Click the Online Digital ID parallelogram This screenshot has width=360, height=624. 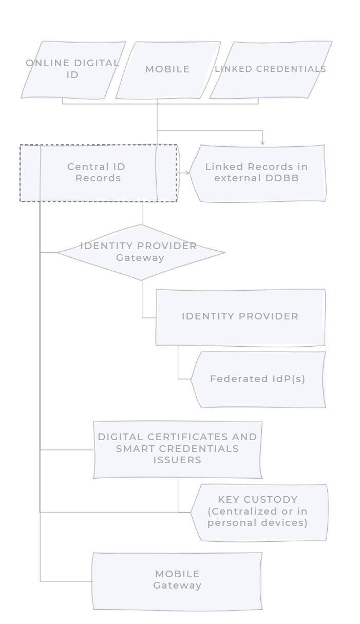coord(73,69)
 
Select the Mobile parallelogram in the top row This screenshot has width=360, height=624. coord(167,69)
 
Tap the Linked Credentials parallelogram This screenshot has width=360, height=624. coord(270,69)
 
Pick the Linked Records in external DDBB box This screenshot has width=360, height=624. coord(257,173)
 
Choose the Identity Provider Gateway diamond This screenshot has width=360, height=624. coord(140,252)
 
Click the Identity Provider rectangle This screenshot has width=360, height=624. coord(240,316)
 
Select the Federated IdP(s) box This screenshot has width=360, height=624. coord(258,379)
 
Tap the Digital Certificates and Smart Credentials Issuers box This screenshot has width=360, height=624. coord(177,449)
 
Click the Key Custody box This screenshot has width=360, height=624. coord(258,512)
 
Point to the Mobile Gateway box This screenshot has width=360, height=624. coord(177,580)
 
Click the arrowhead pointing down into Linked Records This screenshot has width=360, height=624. coord(262,142)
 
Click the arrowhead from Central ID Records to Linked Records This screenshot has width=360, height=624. coord(187,173)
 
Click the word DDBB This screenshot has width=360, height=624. coord(283,178)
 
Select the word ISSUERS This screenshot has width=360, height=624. coord(177,460)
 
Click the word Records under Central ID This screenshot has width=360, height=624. coord(98,178)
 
